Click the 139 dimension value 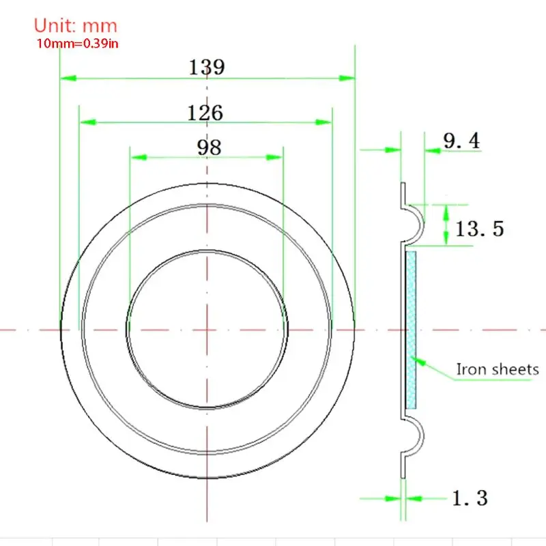tap(207, 68)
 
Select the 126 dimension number tap(205, 112)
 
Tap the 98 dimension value tap(208, 147)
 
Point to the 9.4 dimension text tap(461, 141)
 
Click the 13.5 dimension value tap(480, 229)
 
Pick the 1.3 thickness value tap(470, 498)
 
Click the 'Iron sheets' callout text tap(497, 370)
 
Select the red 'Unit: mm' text tap(75, 26)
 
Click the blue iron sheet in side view tap(411, 330)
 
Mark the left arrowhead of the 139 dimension tap(67, 78)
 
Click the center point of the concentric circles tap(207, 330)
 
